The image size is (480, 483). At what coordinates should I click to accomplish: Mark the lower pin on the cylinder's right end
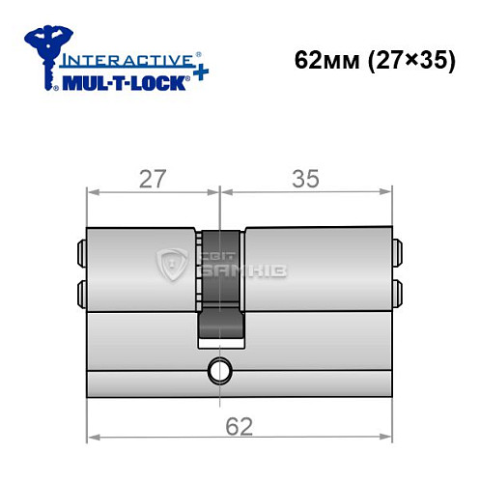[398, 291]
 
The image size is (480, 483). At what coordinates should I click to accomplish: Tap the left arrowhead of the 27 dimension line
[93, 191]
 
